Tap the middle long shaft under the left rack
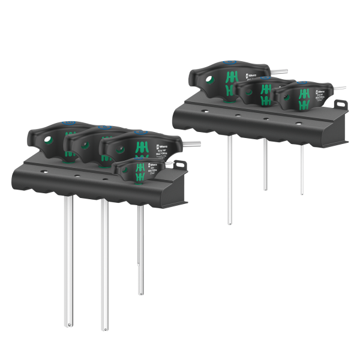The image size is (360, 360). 104,264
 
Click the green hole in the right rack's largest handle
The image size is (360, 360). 210,79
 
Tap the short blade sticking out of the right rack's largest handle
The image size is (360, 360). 278,71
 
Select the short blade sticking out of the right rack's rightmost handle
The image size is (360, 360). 340,88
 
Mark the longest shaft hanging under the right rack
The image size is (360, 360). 229,180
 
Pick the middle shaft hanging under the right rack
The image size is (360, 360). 265,165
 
